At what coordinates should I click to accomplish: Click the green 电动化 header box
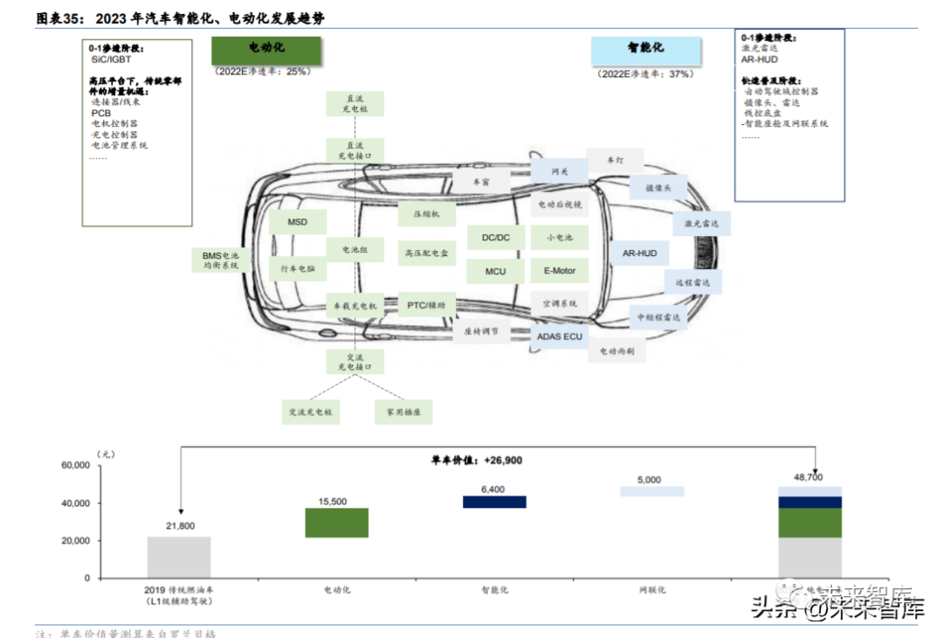click(266, 50)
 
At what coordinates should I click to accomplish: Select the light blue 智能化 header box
click(644, 50)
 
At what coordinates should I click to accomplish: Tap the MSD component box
click(298, 222)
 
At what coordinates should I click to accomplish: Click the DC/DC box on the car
click(495, 238)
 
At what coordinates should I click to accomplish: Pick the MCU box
click(495, 271)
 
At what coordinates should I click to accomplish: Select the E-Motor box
click(559, 271)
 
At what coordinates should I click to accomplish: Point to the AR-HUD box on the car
click(639, 253)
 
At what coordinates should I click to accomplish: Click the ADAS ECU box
click(559, 336)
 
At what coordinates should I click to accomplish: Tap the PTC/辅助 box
click(426, 305)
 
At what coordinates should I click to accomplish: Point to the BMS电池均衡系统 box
click(220, 260)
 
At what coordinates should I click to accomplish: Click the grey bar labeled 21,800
click(179, 557)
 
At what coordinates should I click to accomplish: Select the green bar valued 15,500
click(336, 523)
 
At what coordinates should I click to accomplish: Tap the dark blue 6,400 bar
click(494, 502)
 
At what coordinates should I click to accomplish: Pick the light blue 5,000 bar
click(652, 491)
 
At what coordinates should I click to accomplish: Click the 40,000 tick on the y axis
click(74, 503)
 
